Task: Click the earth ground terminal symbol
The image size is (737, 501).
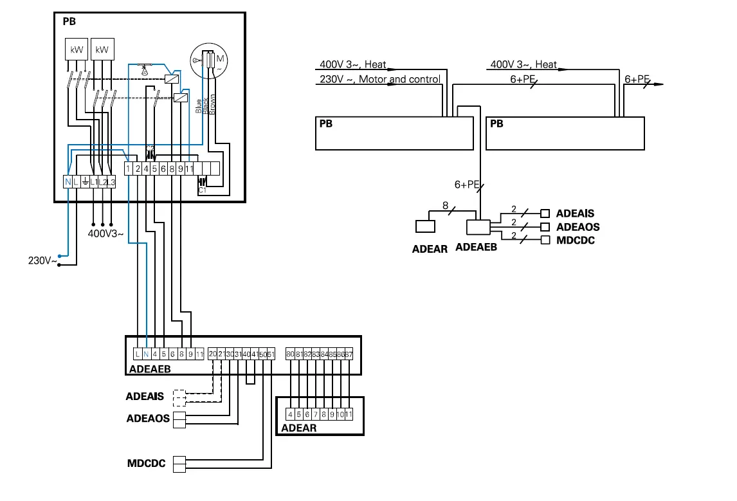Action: [x=85, y=183]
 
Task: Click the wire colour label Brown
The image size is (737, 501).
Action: [x=213, y=104]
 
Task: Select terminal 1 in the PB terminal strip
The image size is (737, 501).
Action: [x=129, y=169]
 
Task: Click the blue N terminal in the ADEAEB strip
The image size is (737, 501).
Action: [x=146, y=354]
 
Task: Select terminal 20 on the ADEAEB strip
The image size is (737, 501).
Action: [x=213, y=354]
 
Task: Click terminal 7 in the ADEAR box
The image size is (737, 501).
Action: [x=316, y=415]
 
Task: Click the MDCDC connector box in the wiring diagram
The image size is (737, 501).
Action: [x=178, y=463]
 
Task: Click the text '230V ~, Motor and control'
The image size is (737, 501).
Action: [x=379, y=80]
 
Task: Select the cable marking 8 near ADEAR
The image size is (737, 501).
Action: [x=444, y=205]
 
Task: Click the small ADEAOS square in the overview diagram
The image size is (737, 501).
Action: [x=545, y=227]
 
